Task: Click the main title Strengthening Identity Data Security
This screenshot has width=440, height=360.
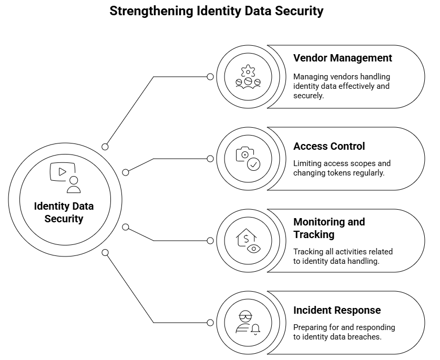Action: pyautogui.click(x=216, y=11)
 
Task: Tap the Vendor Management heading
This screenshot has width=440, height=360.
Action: pyautogui.click(x=342, y=58)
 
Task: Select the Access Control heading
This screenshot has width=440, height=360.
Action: pyautogui.click(x=329, y=146)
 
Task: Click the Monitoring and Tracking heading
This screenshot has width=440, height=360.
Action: pyautogui.click(x=329, y=228)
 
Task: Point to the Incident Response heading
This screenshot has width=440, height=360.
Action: pyautogui.click(x=337, y=310)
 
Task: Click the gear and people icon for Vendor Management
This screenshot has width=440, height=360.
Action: pyautogui.click(x=248, y=77)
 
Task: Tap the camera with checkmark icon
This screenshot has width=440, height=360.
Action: pyautogui.click(x=248, y=159)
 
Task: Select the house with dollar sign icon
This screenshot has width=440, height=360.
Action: pyautogui.click(x=248, y=241)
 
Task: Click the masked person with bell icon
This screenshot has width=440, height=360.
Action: pyautogui.click(x=248, y=323)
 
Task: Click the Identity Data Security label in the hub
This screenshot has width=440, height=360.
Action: pyautogui.click(x=64, y=212)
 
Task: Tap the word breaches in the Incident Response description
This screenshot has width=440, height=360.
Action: pyautogui.click(x=362, y=337)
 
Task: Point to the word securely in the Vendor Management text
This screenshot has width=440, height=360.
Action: pyautogui.click(x=308, y=96)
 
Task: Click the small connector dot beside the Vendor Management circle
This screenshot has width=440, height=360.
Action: pyautogui.click(x=210, y=77)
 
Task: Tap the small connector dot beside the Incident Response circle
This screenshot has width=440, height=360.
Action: pyautogui.click(x=210, y=323)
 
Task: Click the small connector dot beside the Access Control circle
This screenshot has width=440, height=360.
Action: pyautogui.click(x=210, y=159)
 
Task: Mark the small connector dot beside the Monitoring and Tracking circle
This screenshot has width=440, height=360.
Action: pyautogui.click(x=210, y=241)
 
